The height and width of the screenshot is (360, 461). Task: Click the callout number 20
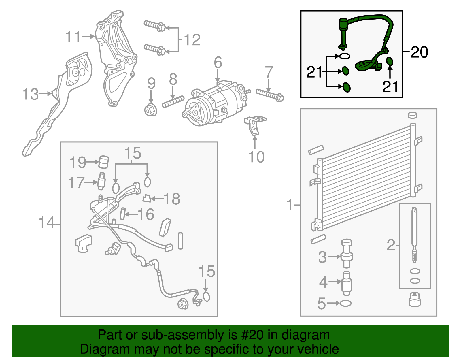(419, 52)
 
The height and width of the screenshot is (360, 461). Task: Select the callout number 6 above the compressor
(218, 63)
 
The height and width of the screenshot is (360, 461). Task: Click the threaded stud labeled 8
(173, 102)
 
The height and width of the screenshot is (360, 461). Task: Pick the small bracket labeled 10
(255, 125)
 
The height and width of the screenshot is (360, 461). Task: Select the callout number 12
(192, 40)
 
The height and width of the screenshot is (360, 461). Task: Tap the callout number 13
(30, 94)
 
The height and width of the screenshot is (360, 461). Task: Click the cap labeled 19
(103, 162)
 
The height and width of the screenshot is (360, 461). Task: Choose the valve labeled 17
(101, 181)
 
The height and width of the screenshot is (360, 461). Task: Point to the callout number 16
(146, 214)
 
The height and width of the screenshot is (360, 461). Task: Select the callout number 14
(46, 223)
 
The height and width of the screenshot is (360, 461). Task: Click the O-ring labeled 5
(346, 303)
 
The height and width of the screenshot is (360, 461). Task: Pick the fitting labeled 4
(347, 283)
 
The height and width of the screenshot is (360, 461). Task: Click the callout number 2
(391, 245)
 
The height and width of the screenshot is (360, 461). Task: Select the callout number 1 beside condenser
(290, 205)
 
